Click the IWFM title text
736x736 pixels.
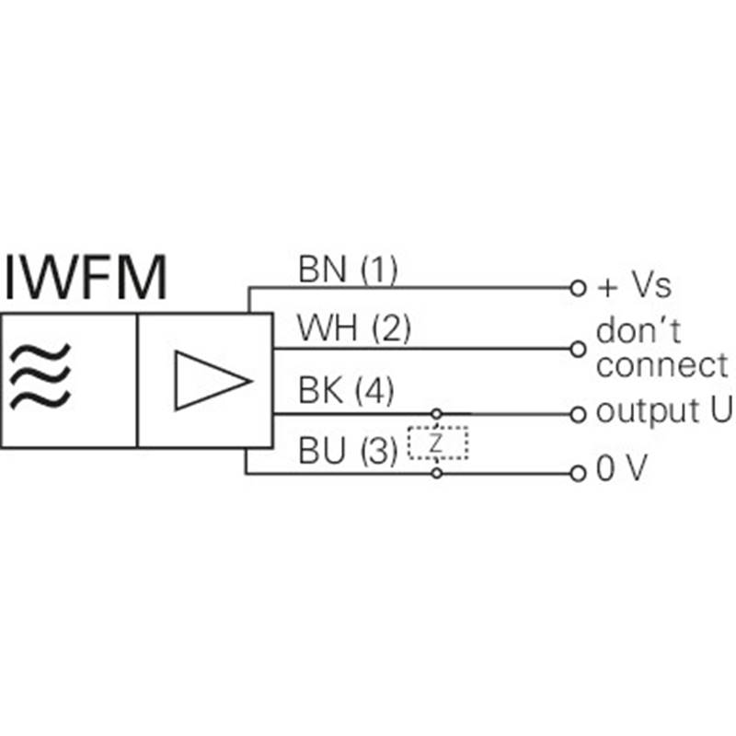(x=86, y=277)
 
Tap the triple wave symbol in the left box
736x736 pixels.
(x=40, y=376)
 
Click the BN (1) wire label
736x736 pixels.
(x=348, y=269)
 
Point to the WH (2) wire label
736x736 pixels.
(x=354, y=328)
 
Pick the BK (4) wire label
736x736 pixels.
(x=346, y=390)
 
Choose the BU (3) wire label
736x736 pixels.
(x=348, y=450)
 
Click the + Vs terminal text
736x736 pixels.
(x=634, y=285)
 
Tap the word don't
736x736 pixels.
(x=638, y=330)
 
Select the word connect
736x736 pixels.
(x=661, y=364)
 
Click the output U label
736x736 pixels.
(x=663, y=411)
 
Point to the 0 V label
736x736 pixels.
(x=622, y=467)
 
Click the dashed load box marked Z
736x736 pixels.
(x=438, y=443)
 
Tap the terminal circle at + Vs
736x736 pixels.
(x=579, y=288)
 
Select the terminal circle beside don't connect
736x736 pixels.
(x=579, y=350)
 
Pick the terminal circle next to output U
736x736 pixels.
(x=579, y=415)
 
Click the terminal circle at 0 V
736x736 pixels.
(x=579, y=474)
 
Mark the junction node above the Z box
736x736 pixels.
(x=436, y=414)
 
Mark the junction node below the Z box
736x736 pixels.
(x=437, y=473)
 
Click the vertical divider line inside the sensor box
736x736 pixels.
(x=137, y=381)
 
